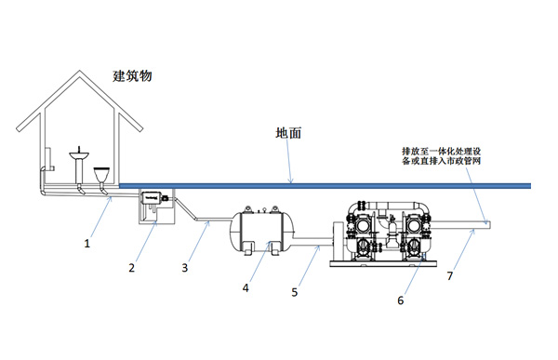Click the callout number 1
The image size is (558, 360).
[86, 244]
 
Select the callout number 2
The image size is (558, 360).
[132, 269]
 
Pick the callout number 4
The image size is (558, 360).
[246, 288]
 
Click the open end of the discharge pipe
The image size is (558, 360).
[489, 223]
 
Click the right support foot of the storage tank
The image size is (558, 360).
[277, 247]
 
